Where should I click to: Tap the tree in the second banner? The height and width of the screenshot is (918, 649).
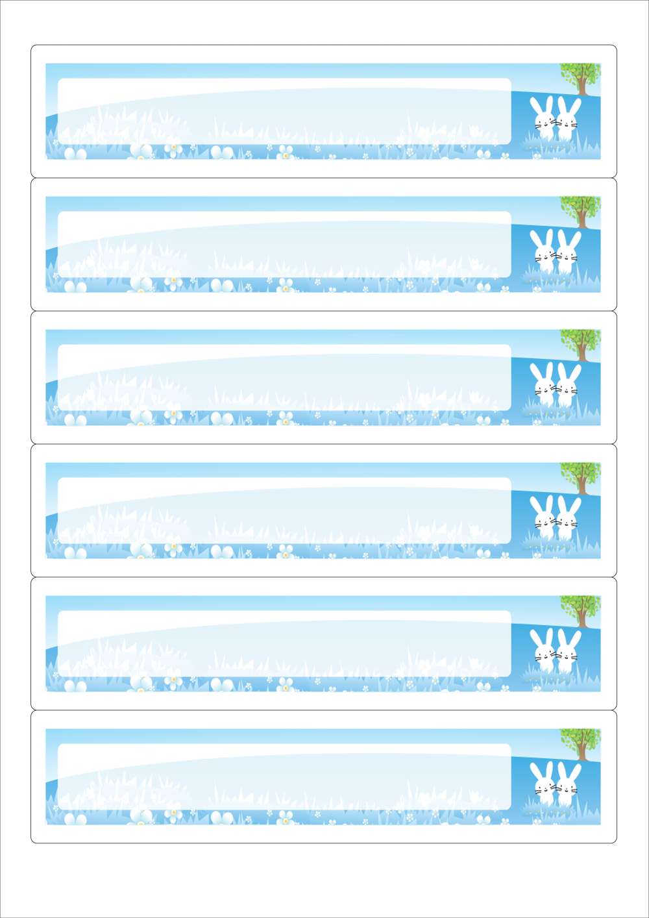[580, 210]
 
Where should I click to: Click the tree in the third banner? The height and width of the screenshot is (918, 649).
[580, 343]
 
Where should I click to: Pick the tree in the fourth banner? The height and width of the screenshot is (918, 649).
[580, 476]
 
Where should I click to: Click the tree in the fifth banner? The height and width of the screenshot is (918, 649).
[580, 609]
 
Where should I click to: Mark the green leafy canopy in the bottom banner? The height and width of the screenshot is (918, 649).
[580, 738]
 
